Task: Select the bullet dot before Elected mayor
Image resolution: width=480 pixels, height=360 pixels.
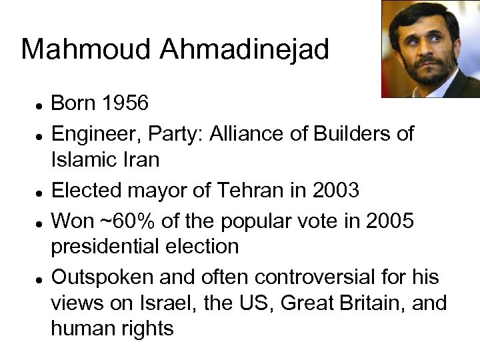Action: coord(40,193)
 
